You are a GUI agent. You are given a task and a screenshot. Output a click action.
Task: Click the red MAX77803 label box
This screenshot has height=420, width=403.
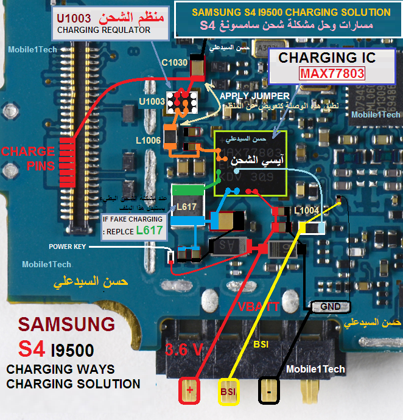tap(332, 74)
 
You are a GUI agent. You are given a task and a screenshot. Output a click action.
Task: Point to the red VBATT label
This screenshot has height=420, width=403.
tap(258, 306)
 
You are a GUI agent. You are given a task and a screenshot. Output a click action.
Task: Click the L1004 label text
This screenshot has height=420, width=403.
tap(306, 211)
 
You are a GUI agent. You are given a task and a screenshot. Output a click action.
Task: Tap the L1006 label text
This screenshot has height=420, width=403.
tap(149, 141)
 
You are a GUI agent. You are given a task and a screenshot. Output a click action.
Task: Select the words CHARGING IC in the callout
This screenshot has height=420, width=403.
tap(327, 58)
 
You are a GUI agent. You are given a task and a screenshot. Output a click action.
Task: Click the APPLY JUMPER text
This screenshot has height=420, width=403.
tap(247, 96)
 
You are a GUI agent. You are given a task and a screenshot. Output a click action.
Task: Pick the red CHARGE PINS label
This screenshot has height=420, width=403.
tap(28, 158)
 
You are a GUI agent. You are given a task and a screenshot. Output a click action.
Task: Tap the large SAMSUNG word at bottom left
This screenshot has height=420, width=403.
tap(66, 323)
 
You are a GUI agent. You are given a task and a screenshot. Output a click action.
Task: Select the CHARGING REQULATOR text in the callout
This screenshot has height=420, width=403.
tap(103, 29)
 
